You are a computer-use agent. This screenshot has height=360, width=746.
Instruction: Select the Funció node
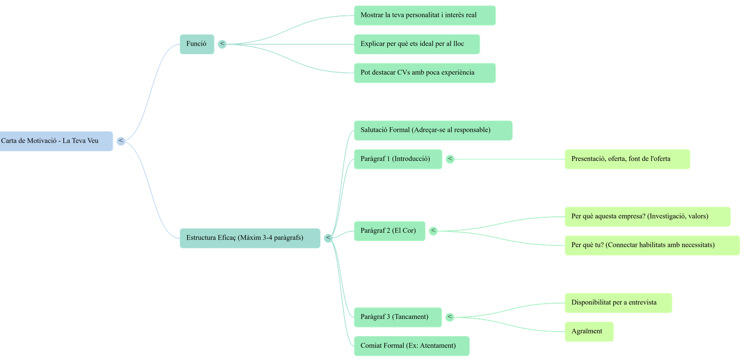196,44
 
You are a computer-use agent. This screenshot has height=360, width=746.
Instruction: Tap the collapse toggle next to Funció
222,44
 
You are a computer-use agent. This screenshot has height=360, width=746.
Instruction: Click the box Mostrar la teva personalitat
424,15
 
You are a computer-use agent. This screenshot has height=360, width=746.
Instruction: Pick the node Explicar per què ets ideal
416,44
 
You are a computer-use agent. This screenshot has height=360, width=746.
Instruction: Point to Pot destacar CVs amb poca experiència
424,73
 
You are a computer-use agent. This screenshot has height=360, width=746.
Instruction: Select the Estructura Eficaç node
249,238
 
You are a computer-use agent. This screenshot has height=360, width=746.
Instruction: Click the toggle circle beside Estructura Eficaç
328,238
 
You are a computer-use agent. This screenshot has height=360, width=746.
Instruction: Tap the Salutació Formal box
433,130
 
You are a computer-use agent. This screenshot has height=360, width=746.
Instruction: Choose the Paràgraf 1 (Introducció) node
398,159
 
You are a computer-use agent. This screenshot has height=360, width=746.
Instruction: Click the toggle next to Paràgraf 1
450,159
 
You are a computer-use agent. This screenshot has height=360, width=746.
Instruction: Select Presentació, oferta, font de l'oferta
627,159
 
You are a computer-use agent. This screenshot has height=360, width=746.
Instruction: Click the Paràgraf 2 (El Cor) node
389,231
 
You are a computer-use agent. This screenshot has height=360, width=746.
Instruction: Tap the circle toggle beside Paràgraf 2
433,231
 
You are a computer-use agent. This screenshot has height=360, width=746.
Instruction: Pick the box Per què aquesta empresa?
647,216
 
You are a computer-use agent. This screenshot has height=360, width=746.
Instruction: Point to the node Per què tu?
652,245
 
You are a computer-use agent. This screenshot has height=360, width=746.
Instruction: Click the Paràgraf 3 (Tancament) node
397,317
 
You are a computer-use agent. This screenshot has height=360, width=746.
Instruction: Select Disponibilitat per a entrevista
618,303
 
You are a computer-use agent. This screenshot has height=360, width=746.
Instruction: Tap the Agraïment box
589,332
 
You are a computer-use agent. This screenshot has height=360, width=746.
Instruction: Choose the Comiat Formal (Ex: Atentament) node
411,346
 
